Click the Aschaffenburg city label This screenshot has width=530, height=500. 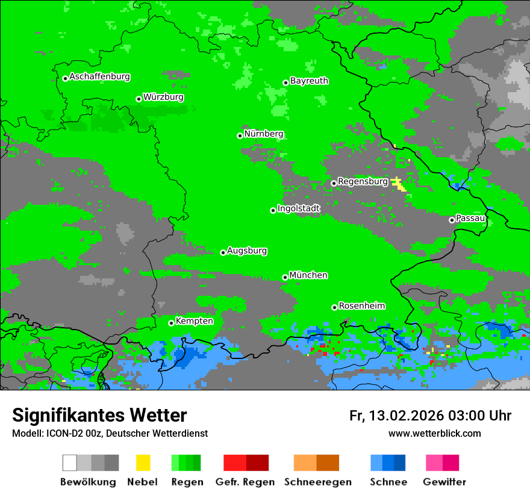99,77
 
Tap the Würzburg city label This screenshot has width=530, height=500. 163,98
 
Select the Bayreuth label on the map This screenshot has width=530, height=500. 309,81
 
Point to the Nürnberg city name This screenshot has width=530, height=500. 263,134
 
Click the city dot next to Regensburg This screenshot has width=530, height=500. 334,183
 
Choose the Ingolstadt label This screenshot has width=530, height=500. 299,208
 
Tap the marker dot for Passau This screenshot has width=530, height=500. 452,220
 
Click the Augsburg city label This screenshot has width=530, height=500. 247,251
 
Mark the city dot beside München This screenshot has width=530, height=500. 285,277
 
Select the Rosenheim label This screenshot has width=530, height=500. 361,306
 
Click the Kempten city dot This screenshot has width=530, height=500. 171,323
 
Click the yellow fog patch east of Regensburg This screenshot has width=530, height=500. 399,184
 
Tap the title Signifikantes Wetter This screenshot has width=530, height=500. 99,415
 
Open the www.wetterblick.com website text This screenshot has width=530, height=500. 434,433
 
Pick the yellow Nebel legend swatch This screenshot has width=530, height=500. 143,463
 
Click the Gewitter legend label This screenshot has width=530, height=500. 444,482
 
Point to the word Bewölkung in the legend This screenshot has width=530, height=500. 88,482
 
